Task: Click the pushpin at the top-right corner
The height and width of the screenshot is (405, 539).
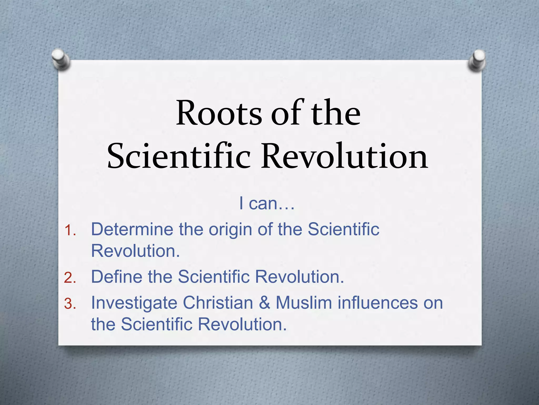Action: click(477, 60)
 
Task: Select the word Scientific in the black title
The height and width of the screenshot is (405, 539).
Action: click(179, 157)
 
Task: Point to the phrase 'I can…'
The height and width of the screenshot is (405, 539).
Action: click(267, 204)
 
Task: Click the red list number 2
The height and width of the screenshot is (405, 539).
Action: click(70, 278)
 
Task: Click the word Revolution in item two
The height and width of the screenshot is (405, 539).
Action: click(300, 277)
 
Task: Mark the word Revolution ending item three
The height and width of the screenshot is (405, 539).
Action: click(242, 324)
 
